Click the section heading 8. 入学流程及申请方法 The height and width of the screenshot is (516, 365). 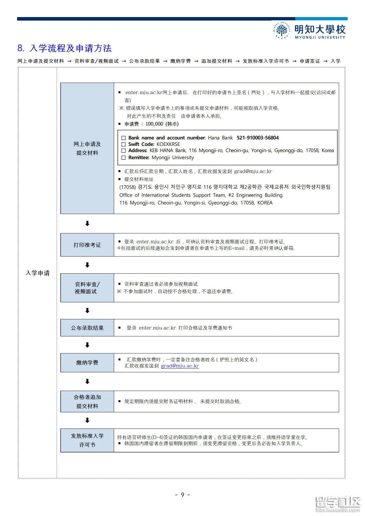(64, 48)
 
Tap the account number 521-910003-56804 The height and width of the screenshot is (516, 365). (258, 138)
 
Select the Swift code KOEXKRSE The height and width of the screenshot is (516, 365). (168, 144)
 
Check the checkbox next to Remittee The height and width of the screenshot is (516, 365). (123, 158)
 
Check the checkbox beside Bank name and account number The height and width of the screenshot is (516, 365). (123, 138)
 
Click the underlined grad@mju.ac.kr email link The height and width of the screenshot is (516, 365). (180, 366)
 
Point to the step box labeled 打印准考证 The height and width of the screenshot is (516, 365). (87, 245)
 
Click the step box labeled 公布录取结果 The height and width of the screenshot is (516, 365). (87, 328)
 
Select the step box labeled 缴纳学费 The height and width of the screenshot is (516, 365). (87, 362)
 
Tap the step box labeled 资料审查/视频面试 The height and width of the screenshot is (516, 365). (87, 288)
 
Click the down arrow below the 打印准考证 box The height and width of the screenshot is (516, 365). (87, 265)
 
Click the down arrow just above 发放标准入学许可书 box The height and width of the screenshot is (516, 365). (87, 420)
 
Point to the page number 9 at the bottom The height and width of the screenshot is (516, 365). (182, 495)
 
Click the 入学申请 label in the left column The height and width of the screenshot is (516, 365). (37, 273)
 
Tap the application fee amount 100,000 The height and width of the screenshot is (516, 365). (154, 124)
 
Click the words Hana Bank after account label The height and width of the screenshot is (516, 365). (220, 138)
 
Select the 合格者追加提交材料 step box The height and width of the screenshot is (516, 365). (87, 402)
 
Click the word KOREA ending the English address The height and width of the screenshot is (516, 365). (265, 203)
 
